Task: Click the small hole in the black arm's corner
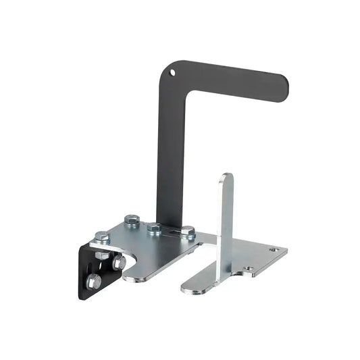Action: (x=172, y=72)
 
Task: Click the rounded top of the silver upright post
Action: (x=226, y=180)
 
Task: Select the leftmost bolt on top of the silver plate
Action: (x=102, y=237)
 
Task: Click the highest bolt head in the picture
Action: (x=132, y=220)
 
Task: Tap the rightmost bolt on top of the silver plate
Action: (x=188, y=232)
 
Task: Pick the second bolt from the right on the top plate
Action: (x=154, y=228)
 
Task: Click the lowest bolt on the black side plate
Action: (x=94, y=281)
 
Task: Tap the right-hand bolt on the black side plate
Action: (x=119, y=261)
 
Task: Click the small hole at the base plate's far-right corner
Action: (x=274, y=250)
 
